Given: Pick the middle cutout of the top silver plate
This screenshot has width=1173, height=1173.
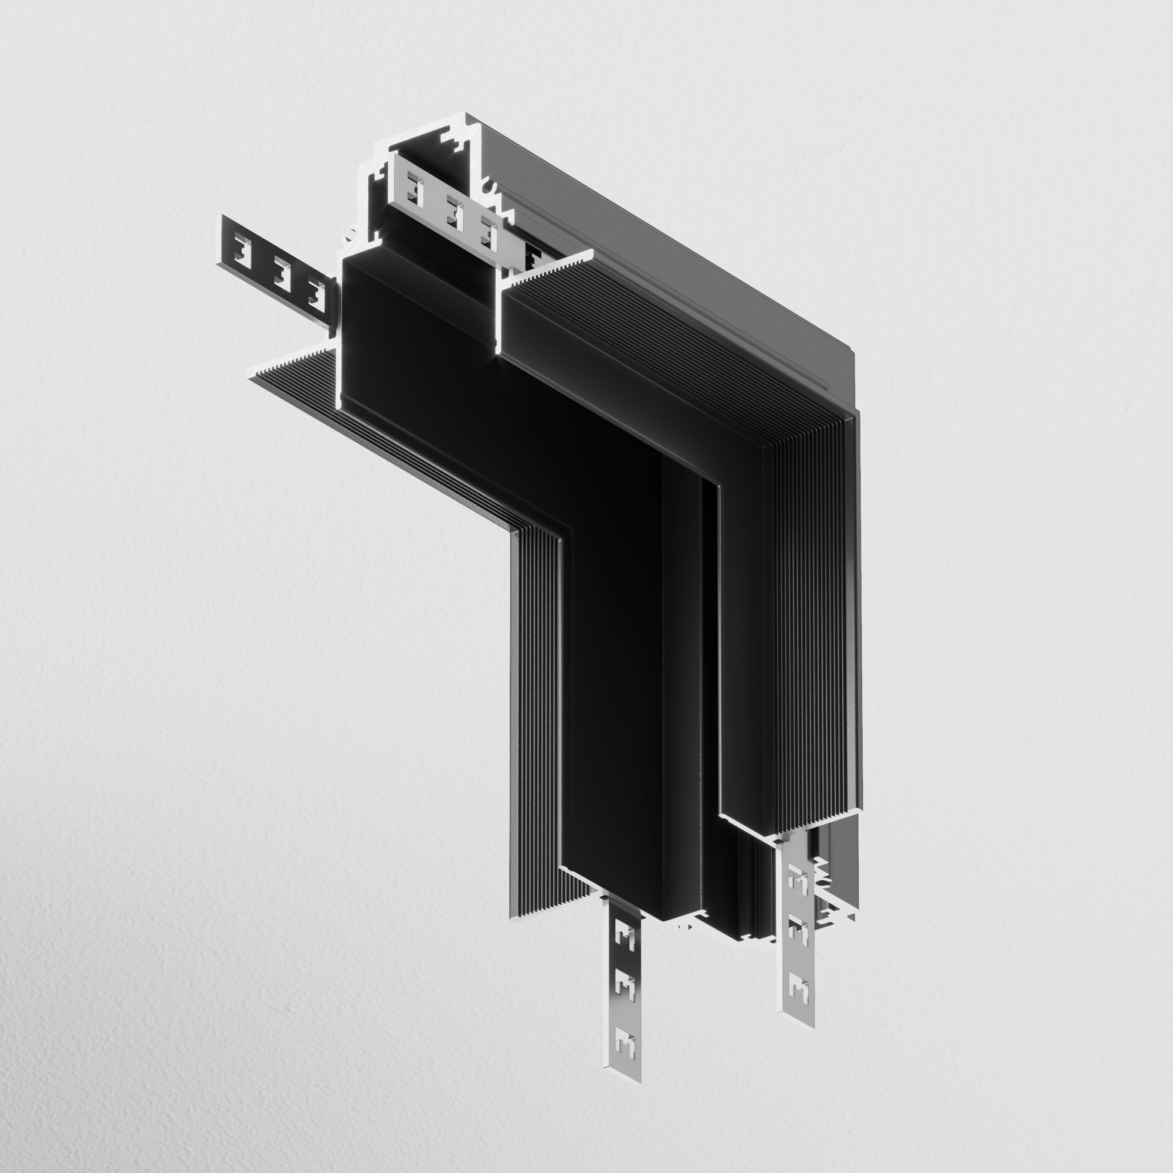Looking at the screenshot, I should pyautogui.click(x=454, y=212).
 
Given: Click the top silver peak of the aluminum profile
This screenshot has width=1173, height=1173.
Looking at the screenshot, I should pyautogui.click(x=466, y=116).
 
